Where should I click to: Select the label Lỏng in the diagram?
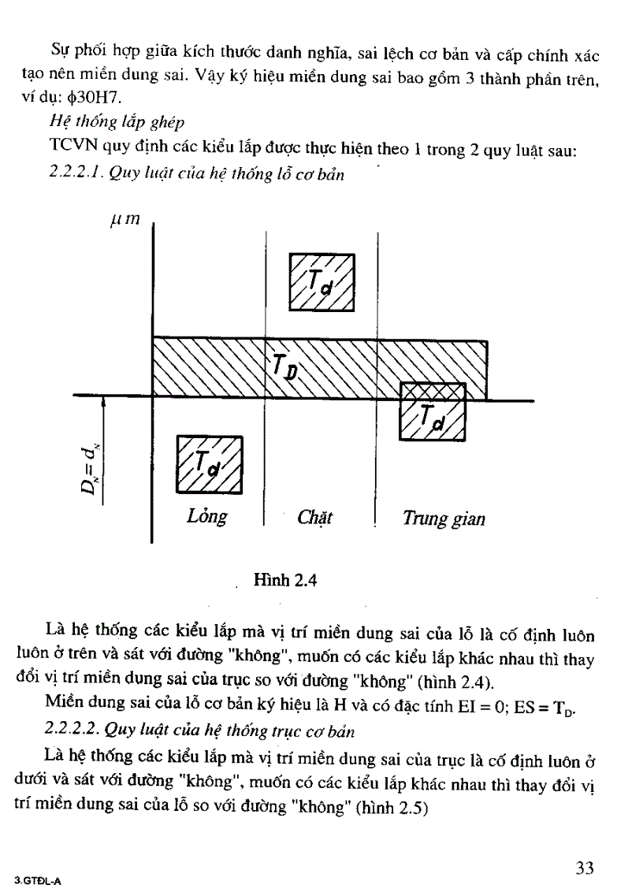coord(207,517)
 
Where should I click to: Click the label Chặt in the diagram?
coord(315,518)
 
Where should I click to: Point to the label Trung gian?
coord(444,519)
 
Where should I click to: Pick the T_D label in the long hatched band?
coord(284,366)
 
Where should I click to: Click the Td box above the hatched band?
coord(321,283)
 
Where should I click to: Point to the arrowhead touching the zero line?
coord(103,402)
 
